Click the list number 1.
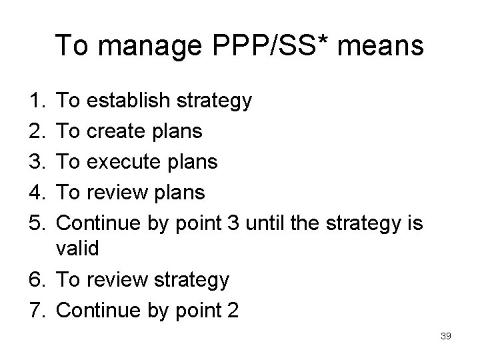pos(37,101)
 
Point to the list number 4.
pos(37,193)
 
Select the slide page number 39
pos(446,336)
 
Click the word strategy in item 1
pos(215,102)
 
